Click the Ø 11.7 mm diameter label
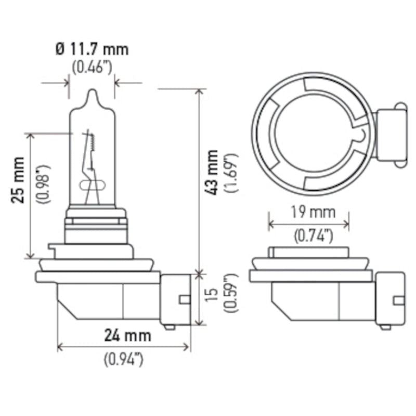tap(92, 49)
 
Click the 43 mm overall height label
tap(212, 172)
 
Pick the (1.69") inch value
tap(232, 173)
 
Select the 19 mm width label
tap(309, 212)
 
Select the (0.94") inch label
tap(123, 359)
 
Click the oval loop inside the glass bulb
tap(93, 185)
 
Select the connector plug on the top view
tap(389, 134)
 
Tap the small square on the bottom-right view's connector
tap(398, 300)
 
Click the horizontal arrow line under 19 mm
tap(309, 224)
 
